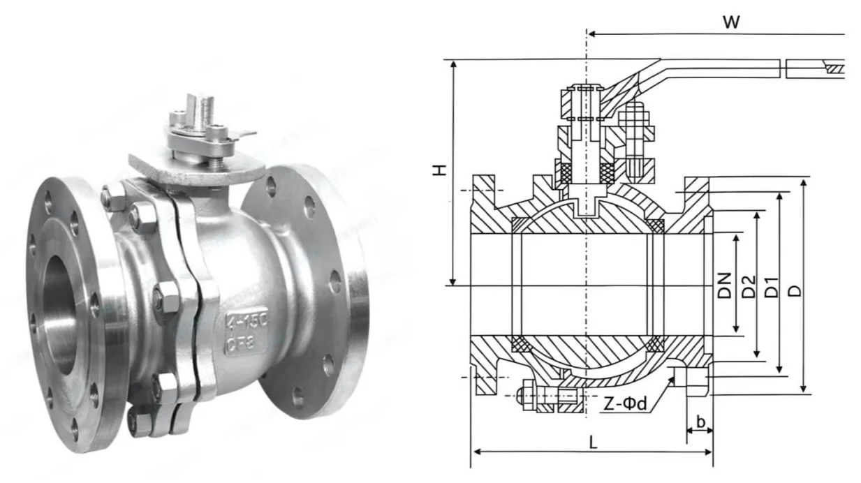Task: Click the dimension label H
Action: click(x=439, y=170)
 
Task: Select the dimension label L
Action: click(x=593, y=442)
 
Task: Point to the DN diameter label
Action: click(x=725, y=285)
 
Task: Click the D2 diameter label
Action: click(x=748, y=285)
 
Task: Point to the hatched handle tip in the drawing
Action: click(x=834, y=69)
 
